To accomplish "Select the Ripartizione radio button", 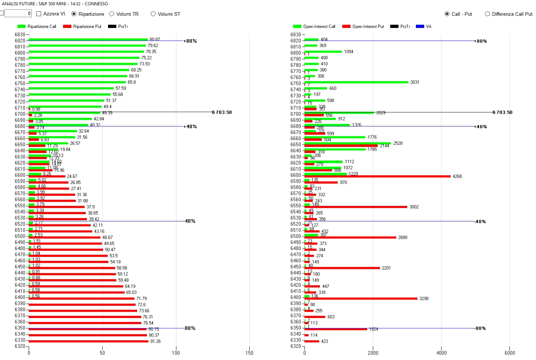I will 74,14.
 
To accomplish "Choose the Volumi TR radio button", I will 112,14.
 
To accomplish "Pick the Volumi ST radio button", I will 153,14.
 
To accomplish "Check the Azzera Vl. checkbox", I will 39,14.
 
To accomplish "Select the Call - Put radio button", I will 447,14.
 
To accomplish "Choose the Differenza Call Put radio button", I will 487,14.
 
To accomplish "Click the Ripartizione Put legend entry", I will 82,26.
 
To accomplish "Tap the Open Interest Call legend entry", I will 314,26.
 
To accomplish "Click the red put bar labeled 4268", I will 378,176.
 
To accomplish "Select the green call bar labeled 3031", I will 357,82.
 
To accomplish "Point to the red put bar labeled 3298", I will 361,298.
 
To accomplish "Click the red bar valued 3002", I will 356,207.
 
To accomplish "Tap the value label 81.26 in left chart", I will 155,341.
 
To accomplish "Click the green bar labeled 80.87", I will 88,39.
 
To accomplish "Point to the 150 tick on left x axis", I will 249,353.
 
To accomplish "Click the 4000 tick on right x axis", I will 441,353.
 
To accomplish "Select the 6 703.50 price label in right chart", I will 502,113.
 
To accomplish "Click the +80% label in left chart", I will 191,41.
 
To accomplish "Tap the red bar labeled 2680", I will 350,238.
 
